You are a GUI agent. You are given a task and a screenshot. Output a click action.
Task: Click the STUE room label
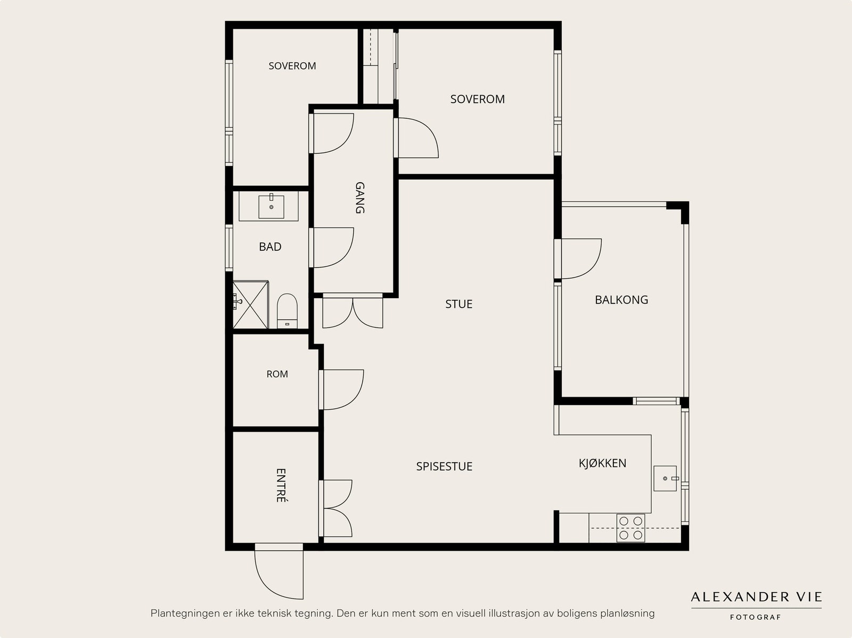(x=459, y=304)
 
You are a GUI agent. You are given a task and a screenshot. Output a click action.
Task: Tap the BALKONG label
(x=621, y=300)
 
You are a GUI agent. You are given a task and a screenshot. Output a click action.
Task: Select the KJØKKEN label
(x=602, y=463)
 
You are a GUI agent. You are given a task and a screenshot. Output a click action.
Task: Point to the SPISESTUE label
(x=444, y=466)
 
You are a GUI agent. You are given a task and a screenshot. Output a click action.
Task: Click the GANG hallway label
(x=360, y=198)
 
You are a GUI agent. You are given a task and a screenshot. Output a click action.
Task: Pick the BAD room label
(x=270, y=247)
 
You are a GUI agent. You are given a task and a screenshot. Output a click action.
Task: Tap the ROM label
(x=277, y=374)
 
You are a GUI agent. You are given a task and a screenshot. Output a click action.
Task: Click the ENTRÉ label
(x=281, y=486)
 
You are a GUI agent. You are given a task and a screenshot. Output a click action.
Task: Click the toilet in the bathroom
(x=287, y=311)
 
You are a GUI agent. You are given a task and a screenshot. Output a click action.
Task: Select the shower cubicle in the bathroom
(x=250, y=305)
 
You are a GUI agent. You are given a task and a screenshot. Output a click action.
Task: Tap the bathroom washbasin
(x=272, y=207)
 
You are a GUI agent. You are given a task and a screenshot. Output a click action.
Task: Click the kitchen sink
(x=665, y=478)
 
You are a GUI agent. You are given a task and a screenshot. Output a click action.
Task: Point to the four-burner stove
(x=631, y=528)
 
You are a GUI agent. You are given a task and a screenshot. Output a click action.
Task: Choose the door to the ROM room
(x=341, y=390)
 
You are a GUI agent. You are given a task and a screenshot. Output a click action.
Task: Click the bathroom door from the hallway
(x=331, y=248)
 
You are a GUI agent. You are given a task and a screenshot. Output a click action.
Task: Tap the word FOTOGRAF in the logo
(x=755, y=617)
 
